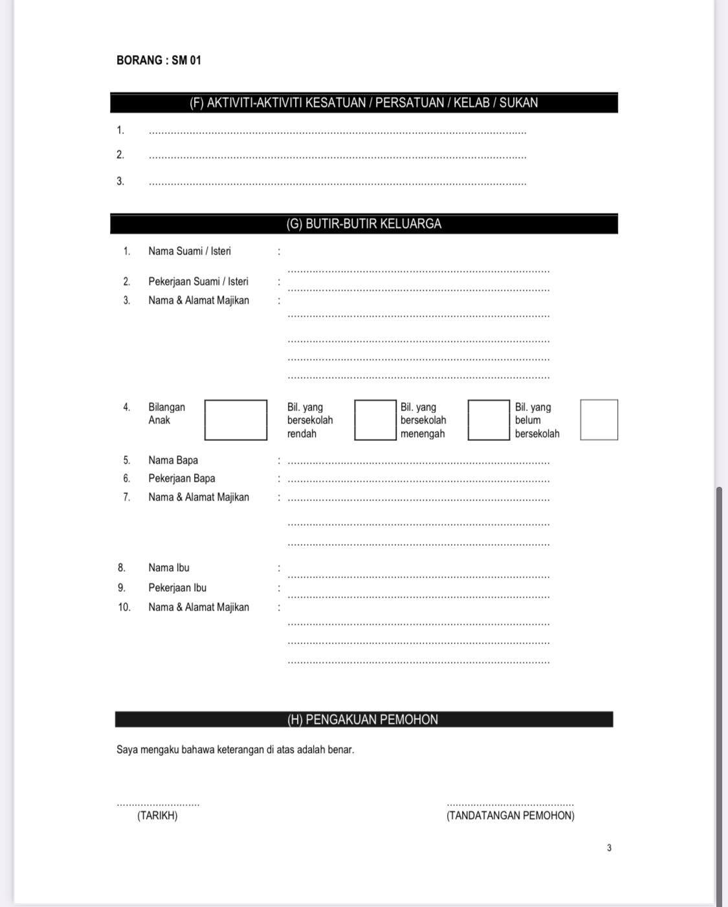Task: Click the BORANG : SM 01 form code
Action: [159, 60]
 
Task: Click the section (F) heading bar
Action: [364, 103]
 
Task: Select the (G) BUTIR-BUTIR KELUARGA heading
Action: [364, 224]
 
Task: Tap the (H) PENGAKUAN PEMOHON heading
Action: [363, 719]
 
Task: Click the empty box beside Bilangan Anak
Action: [236, 420]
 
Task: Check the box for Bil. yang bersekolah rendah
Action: [375, 420]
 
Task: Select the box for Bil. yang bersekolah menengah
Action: [489, 420]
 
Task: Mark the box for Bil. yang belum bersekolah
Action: [599, 420]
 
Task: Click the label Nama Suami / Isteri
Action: [190, 251]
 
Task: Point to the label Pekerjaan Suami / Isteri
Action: [198, 282]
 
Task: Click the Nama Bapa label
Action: [173, 460]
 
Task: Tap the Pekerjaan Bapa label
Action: [181, 478]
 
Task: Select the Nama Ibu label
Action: [169, 568]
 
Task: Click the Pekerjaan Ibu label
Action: [177, 588]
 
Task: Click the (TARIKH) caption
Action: [157, 816]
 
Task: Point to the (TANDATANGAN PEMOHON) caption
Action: [510, 816]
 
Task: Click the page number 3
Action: [609, 848]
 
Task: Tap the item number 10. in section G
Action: [124, 607]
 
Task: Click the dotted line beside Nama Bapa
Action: [418, 463]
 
